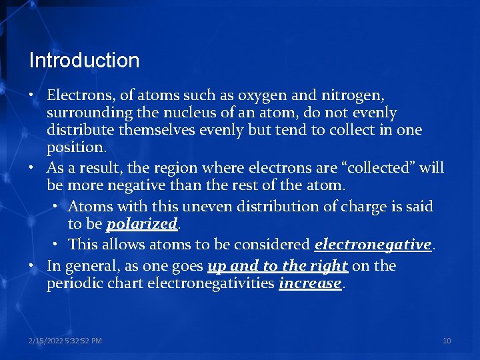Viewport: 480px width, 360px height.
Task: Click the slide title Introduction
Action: pyautogui.click(x=84, y=61)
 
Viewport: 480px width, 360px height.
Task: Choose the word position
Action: pyautogui.click(x=73, y=146)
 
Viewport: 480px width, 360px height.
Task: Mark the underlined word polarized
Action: pyautogui.click(x=141, y=223)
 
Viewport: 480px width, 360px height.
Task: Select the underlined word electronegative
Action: pyautogui.click(x=373, y=245)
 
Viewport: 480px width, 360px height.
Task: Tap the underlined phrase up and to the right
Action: pyautogui.click(x=277, y=266)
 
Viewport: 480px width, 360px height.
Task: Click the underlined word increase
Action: pyautogui.click(x=310, y=284)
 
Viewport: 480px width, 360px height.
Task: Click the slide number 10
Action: pyautogui.click(x=447, y=341)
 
